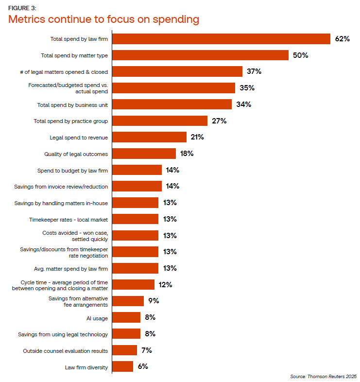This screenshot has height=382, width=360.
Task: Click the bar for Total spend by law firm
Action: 221,39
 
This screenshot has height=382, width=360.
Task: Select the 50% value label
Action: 300,55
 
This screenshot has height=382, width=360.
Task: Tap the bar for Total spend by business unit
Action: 172,104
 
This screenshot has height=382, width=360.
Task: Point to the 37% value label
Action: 254,71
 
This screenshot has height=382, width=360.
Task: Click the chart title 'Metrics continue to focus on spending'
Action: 103,19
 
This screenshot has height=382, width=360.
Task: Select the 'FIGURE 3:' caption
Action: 22,8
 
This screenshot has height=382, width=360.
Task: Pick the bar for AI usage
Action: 126,318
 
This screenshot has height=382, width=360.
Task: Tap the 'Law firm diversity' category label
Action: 86,367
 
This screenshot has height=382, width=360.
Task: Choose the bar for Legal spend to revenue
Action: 149,137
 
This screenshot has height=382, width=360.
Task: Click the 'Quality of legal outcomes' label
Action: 76,154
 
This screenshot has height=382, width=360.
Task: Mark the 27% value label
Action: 219,121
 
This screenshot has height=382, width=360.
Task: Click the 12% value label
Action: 165,285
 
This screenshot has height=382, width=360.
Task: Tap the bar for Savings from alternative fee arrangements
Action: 128,301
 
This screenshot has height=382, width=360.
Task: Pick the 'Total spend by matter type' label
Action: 74,55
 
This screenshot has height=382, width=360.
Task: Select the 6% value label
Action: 143,367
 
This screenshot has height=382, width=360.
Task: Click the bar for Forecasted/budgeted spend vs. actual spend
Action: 173,88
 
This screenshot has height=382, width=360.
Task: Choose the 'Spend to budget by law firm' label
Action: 72,170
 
